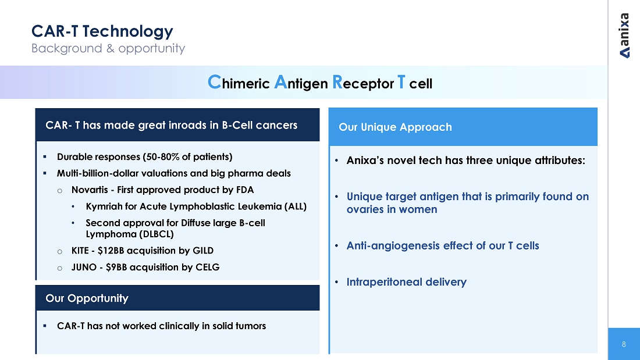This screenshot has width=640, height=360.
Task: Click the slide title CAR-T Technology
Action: (102, 31)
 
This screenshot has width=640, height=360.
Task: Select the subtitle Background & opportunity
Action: (108, 49)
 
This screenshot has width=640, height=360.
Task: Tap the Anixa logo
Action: (624, 35)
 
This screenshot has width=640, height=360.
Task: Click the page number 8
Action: (624, 344)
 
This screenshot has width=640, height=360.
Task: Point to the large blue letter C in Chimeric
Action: (214, 82)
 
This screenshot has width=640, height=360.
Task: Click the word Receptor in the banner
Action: (363, 83)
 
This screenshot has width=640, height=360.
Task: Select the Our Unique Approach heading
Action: (395, 127)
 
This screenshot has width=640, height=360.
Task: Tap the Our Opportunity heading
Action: (87, 298)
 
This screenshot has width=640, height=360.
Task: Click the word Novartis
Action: (90, 190)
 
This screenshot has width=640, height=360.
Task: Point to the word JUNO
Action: (84, 268)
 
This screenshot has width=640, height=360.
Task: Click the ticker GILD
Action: (203, 251)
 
